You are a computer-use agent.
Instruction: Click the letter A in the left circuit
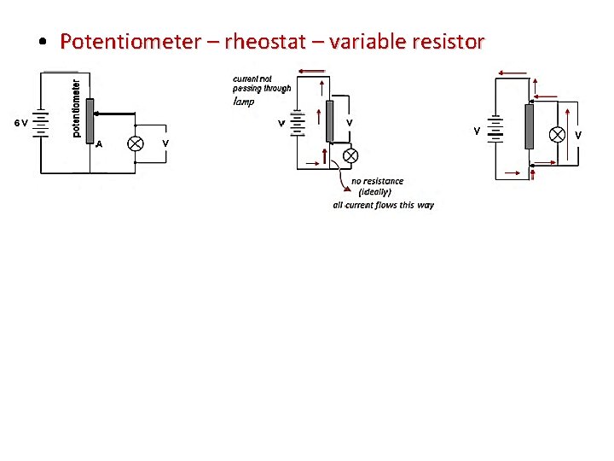[99, 144]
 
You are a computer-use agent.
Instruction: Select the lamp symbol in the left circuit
[135, 143]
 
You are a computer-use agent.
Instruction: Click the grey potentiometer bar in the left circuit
[90, 120]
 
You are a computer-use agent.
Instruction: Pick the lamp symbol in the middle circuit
[349, 155]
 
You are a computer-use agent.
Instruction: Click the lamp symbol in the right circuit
[557, 134]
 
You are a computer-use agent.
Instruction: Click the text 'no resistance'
[377, 181]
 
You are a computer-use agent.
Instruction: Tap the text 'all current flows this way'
[383, 205]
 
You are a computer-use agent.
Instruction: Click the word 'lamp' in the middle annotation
[244, 101]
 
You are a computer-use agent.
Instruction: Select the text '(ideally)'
[374, 192]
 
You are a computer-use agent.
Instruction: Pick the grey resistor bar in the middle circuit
[329, 121]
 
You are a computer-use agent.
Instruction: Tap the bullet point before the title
[42, 41]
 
